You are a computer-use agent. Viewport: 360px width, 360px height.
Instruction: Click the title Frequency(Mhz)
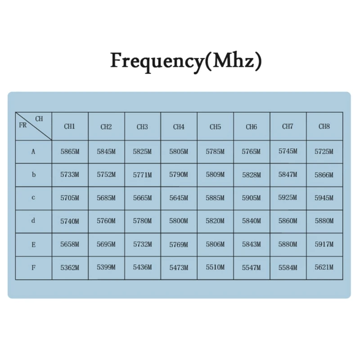(x=186, y=61)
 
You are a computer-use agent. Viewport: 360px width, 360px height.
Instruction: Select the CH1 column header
(x=70, y=126)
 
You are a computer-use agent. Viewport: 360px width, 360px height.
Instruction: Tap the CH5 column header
(x=215, y=126)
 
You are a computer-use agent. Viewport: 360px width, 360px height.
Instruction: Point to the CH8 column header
(x=324, y=126)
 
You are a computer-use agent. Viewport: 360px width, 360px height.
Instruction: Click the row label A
(x=33, y=152)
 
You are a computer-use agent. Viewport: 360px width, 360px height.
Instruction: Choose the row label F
(x=33, y=267)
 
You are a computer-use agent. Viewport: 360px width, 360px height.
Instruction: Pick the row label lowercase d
(x=33, y=221)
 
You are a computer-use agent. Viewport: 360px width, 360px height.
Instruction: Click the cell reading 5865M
(x=70, y=152)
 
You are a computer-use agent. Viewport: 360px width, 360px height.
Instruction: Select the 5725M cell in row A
(x=324, y=152)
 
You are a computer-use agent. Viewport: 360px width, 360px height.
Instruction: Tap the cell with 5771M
(x=142, y=175)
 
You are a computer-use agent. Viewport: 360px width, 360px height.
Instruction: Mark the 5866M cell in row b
(x=324, y=175)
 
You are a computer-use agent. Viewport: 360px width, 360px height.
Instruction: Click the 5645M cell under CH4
(x=179, y=198)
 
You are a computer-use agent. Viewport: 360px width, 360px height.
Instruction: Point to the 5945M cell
(x=324, y=198)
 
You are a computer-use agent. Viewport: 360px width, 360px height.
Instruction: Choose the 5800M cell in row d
(x=179, y=221)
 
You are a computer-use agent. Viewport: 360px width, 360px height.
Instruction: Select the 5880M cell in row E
(x=288, y=244)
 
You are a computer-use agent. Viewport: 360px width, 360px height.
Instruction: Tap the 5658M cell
(x=70, y=244)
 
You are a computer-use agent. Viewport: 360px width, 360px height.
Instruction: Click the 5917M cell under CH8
(x=324, y=244)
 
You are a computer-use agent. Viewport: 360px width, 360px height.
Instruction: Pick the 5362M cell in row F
(x=70, y=267)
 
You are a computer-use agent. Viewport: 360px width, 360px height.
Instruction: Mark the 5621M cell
(x=324, y=267)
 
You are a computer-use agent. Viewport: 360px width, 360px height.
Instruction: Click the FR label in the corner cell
(x=23, y=126)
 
